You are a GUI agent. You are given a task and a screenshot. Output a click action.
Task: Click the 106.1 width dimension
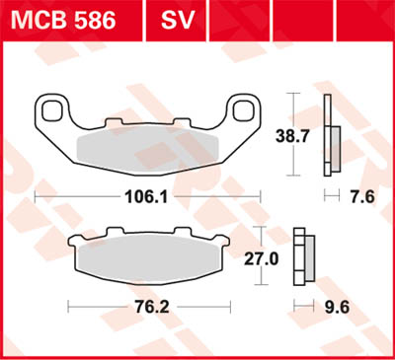point(146,196)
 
